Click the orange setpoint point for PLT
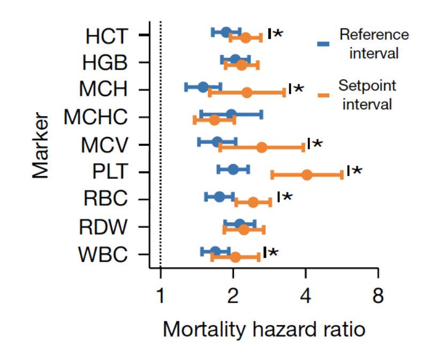point(307,175)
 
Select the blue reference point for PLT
point(233,170)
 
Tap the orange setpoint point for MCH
point(246,93)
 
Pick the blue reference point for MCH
point(203,87)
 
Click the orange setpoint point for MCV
point(261,147)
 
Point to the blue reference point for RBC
point(219,197)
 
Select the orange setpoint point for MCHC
point(214,120)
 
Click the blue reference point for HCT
point(226,32)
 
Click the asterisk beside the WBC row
point(273,252)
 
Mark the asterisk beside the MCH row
point(299,88)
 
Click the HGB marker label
point(105,62)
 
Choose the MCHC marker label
point(96,117)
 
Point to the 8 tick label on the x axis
point(378,296)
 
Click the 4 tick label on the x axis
point(306,296)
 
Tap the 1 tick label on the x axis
point(161,296)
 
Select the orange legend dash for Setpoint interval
point(323,95)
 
